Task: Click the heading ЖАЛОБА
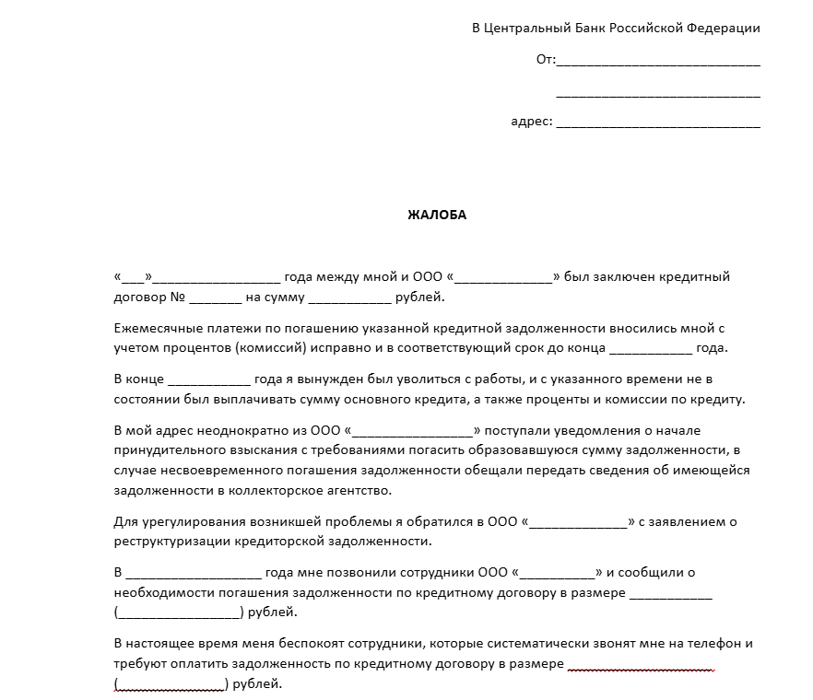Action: click(437, 216)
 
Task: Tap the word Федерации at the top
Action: click(724, 28)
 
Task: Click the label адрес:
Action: click(531, 121)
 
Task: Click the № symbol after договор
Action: click(178, 297)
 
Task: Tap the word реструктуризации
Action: click(171, 542)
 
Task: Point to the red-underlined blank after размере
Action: click(642, 665)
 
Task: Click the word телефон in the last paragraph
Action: click(715, 643)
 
